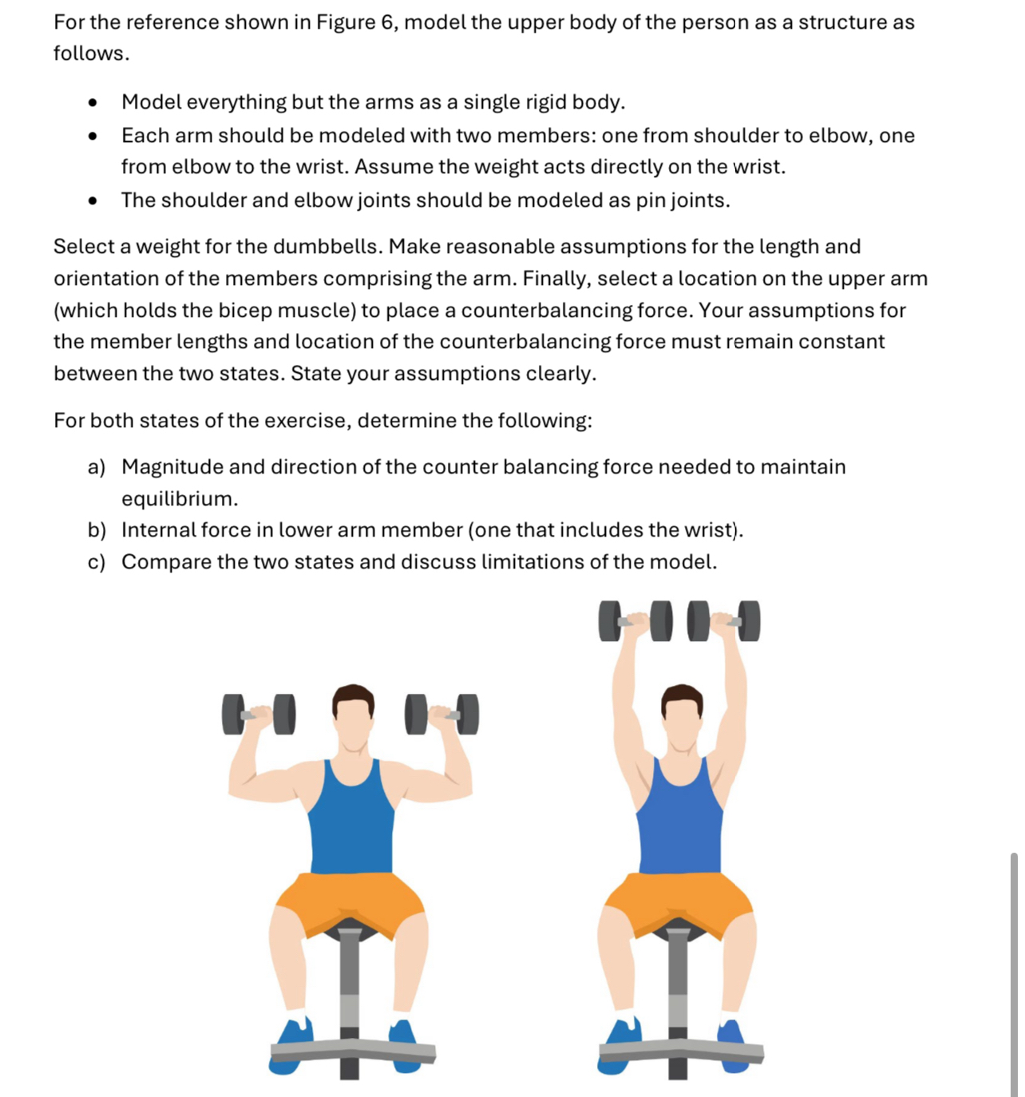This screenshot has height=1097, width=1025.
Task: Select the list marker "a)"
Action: [96, 467]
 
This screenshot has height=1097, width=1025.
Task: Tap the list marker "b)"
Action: [97, 530]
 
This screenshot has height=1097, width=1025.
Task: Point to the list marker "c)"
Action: [96, 562]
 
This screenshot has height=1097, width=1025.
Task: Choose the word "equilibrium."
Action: [180, 499]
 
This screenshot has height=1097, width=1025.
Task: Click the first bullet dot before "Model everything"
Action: [93, 103]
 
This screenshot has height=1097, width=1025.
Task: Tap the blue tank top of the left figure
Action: [351, 822]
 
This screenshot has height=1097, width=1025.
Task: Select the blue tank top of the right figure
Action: [680, 822]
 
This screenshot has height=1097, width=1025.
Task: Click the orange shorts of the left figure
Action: [350, 898]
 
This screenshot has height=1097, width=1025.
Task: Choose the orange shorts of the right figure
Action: [679, 898]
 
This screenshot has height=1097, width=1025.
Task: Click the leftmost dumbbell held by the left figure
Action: [258, 714]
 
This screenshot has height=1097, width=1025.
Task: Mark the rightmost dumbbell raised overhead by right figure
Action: [724, 621]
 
